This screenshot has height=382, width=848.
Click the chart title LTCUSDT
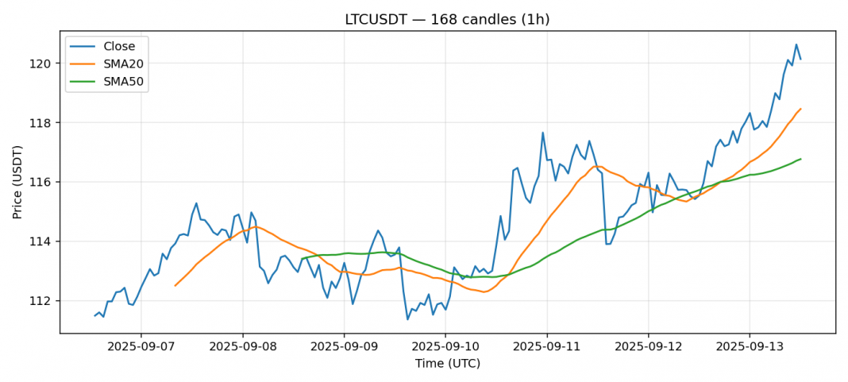pyautogui.click(x=447, y=19)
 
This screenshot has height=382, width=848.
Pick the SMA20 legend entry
pyautogui.click(x=122, y=64)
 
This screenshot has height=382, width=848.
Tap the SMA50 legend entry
pyautogui.click(x=122, y=80)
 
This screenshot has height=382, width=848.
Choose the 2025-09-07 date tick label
pyautogui.click(x=141, y=347)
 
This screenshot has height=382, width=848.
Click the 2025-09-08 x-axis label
pyautogui.click(x=243, y=347)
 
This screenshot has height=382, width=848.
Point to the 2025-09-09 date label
pyautogui.click(x=344, y=347)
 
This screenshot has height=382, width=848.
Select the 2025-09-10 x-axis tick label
pyautogui.click(x=445, y=347)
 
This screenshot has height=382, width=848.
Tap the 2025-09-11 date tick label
pyautogui.click(x=546, y=347)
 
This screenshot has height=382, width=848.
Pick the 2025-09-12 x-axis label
pyautogui.click(x=648, y=347)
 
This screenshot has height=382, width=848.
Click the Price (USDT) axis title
pyautogui.click(x=17, y=182)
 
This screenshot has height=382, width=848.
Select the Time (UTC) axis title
pyautogui.click(x=447, y=363)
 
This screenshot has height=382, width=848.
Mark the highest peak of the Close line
pyautogui.click(x=796, y=44)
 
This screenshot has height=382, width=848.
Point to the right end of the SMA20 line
pyautogui.click(x=800, y=109)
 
